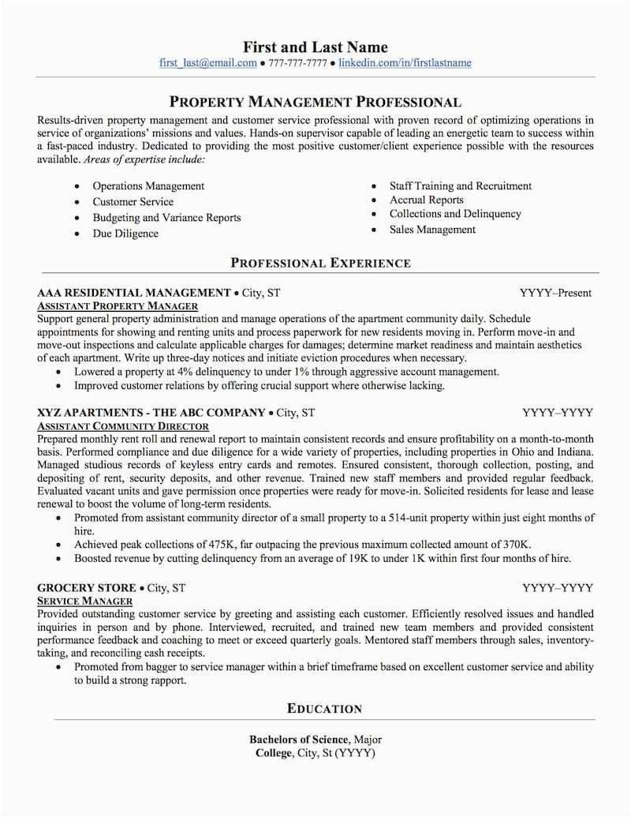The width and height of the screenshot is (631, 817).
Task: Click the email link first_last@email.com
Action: tap(207, 63)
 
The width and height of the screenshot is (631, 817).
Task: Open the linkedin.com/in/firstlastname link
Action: tap(405, 63)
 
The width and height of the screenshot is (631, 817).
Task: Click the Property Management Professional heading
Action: tap(315, 102)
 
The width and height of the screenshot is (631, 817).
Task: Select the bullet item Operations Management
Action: tap(148, 186)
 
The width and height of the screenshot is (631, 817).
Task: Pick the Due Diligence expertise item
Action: tap(125, 234)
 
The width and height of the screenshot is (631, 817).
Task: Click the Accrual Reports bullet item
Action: tap(426, 201)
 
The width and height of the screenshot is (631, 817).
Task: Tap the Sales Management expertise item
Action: tap(432, 230)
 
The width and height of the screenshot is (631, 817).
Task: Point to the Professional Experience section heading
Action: tap(320, 263)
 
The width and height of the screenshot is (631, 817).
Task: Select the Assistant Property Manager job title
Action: tap(118, 305)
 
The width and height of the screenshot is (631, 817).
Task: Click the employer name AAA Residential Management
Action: tap(133, 293)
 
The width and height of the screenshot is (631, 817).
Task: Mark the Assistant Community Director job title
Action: tap(122, 425)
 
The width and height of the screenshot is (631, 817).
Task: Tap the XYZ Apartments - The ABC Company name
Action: tap(151, 412)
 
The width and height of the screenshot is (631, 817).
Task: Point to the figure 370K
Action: tap(515, 545)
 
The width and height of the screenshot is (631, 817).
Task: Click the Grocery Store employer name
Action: tap(87, 588)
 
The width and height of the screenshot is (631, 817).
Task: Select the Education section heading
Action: tap(324, 709)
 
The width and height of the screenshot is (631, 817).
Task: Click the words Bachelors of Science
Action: tap(299, 740)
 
